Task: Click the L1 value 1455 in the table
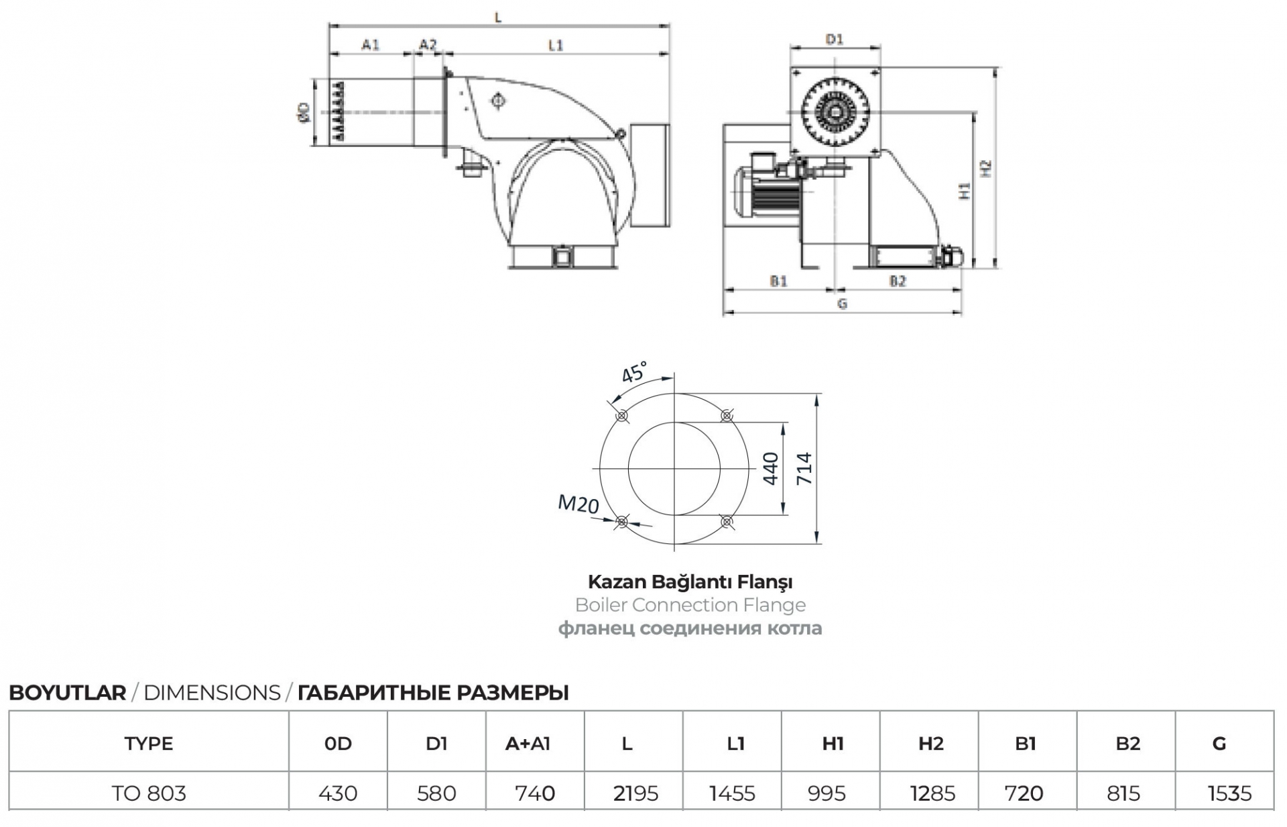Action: [x=732, y=793]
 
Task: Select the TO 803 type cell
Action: [x=149, y=793]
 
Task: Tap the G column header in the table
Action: [x=1219, y=743]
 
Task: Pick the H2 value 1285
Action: [x=932, y=793]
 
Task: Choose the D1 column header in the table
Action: [x=436, y=743]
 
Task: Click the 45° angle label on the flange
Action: [x=634, y=372]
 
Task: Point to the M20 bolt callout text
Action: [x=578, y=503]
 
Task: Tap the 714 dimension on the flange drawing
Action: [x=804, y=468]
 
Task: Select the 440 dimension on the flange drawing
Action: [x=771, y=468]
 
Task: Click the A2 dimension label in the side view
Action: [x=428, y=44]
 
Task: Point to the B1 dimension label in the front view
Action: [x=778, y=281]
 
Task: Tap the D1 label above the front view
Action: [x=834, y=40]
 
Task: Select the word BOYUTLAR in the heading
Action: [x=67, y=693]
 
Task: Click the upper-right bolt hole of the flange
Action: [x=727, y=416]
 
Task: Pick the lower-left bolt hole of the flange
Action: [x=622, y=520]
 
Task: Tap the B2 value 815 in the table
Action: [x=1123, y=793]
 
